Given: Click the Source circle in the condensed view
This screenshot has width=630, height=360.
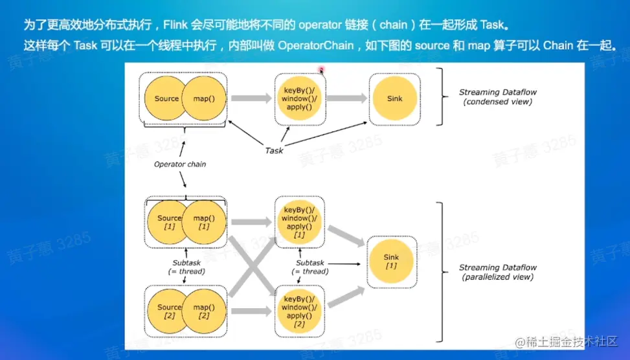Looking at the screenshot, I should point(166,98).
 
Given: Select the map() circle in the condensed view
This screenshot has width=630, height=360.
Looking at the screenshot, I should point(205,98).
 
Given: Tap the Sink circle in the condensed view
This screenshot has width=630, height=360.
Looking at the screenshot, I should point(394,98).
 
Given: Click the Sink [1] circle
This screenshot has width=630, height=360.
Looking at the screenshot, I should point(391,262).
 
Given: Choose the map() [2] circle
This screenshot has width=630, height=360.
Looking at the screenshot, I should point(205,311).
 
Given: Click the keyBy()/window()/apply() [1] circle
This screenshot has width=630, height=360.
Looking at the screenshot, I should point(299,222).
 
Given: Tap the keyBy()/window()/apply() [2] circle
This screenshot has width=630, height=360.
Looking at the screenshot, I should point(299,311).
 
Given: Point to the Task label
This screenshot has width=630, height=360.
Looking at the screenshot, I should point(274,150).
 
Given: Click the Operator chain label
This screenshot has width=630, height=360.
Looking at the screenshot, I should point(180,164).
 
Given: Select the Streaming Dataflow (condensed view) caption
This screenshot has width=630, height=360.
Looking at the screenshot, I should point(497,97).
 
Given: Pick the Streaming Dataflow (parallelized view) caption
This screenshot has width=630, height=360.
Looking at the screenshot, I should point(497,272).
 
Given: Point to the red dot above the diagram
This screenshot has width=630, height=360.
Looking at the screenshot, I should point(320,69).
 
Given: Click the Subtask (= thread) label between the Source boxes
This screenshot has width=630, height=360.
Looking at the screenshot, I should point(186,267).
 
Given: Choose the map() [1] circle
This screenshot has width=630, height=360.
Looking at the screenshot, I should point(205,222).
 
